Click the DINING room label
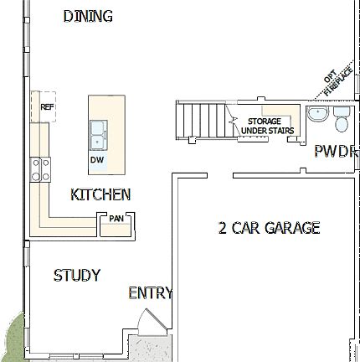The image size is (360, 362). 88,16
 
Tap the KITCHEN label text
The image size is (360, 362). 100,194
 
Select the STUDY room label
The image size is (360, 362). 77,275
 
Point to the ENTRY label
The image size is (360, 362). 150,293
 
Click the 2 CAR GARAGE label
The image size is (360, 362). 269,227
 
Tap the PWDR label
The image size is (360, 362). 336,152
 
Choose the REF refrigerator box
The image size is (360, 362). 46,106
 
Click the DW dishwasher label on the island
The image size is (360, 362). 96,159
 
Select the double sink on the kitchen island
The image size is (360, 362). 98,132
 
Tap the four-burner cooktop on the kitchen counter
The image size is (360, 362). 38,169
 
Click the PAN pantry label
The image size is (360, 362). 115,219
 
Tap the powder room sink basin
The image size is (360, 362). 318,115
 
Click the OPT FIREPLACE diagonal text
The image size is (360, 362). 334,82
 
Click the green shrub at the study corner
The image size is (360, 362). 12,337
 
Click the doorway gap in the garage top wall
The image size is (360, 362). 220,174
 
